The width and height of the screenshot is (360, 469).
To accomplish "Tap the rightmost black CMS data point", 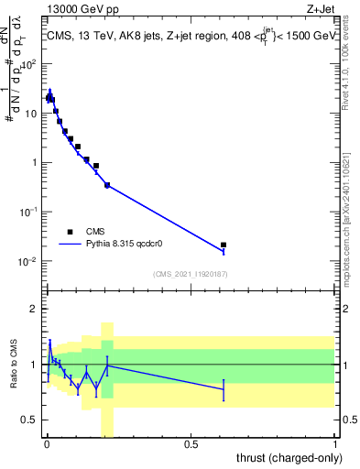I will click(224, 245).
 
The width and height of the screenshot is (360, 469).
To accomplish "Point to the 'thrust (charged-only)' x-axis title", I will click(290, 458).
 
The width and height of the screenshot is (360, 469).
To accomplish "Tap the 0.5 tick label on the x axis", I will click(191, 444).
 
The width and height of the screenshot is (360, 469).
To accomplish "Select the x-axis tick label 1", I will click(335, 444).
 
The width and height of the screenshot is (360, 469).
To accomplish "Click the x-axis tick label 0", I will click(47, 444).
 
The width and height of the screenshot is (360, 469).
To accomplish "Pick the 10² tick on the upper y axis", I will click(30, 64).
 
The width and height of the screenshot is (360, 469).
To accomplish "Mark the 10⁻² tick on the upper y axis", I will click(30, 261).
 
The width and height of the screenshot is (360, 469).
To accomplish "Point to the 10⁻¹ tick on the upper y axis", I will click(30, 212).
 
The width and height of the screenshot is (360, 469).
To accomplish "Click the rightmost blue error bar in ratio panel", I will click(224, 389).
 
